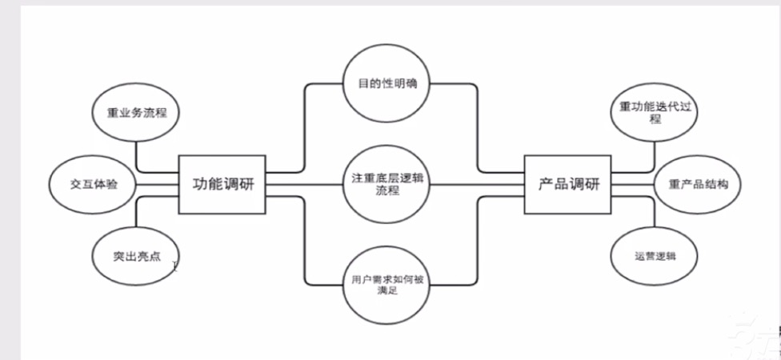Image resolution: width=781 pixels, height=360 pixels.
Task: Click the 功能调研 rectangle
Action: click(222, 184)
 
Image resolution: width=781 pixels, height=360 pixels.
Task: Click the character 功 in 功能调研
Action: click(199, 184)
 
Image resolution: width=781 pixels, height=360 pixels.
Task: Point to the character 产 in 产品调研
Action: click(544, 184)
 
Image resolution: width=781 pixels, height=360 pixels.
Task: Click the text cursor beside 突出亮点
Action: click(174, 265)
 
